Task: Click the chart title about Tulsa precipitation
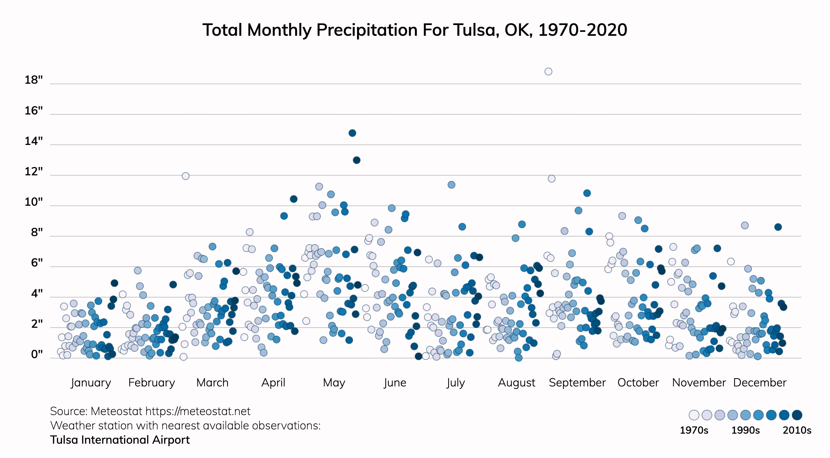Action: [415, 30]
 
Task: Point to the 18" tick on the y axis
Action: [34, 80]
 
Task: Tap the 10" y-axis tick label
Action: [34, 202]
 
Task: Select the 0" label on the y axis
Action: [37, 354]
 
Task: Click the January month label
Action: [91, 383]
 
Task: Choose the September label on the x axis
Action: [577, 383]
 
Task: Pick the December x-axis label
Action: [760, 383]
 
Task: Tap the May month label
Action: [334, 383]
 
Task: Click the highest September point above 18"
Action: [548, 72]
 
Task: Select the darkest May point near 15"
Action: [352, 133]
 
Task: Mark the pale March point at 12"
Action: [185, 176]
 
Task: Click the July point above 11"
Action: [451, 185]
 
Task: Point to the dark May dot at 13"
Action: [356, 160]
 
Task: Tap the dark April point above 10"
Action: [293, 199]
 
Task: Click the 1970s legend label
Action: [694, 430]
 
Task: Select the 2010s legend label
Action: [797, 430]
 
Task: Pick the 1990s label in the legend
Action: [745, 430]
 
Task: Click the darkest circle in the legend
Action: [797, 415]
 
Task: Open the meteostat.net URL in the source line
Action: [198, 411]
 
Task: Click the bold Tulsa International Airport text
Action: [120, 440]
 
